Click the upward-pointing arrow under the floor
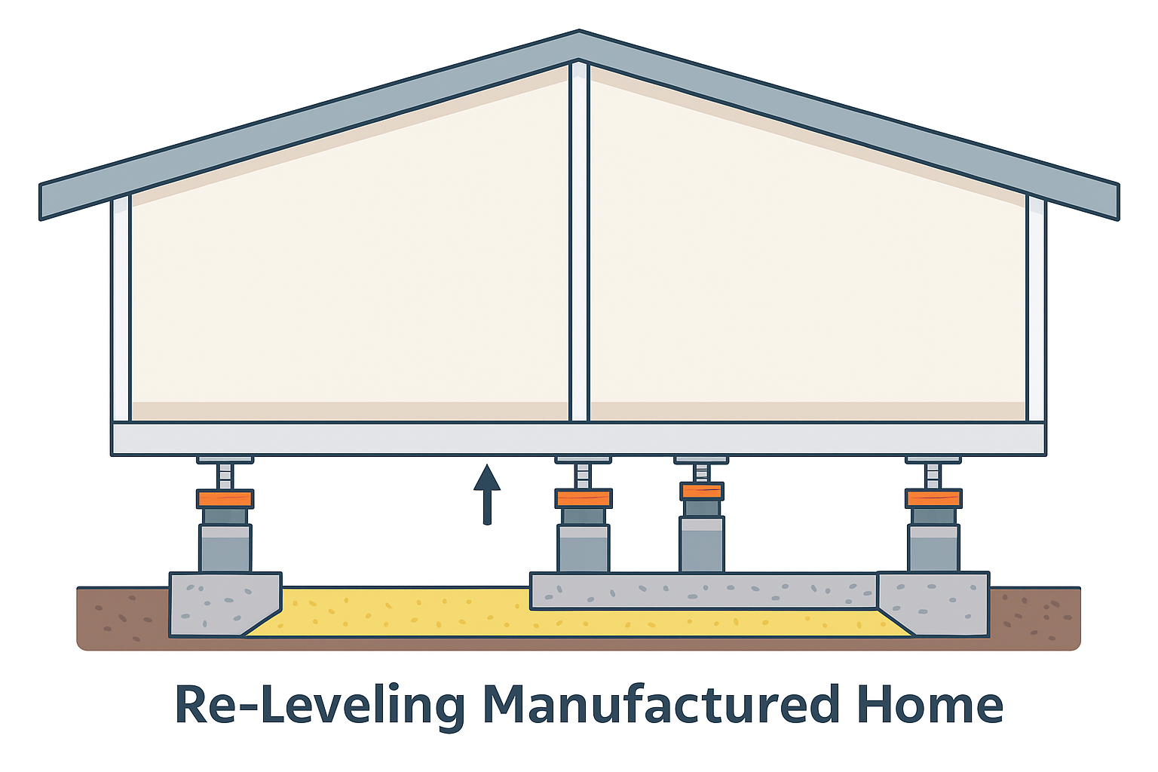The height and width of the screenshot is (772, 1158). click(487, 494)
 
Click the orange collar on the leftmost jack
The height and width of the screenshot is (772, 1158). click(225, 498)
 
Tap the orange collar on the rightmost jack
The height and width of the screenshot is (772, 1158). click(934, 498)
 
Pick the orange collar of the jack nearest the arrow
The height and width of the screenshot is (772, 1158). click(583, 498)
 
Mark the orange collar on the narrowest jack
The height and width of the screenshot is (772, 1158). click(701, 492)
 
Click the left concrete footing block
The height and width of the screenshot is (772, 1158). click(219, 603)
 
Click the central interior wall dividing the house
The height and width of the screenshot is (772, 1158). click(579, 241)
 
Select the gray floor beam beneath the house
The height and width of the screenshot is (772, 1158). click(579, 439)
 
